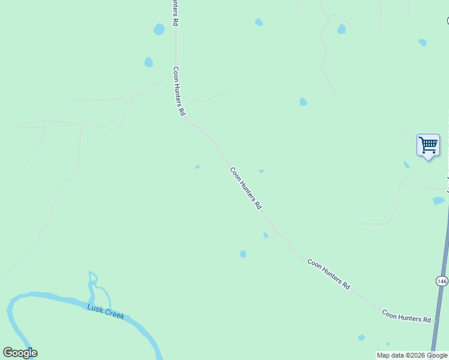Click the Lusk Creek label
[x=106, y=311]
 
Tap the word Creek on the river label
[x=113, y=313]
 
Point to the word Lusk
[x=95, y=308]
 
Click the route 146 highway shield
[x=442, y=281]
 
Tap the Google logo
[x=20, y=353]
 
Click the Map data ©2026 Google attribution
[x=412, y=355]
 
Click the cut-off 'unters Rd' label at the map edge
[x=175, y=12]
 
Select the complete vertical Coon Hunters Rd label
[x=178, y=91]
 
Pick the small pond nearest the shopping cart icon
[x=406, y=164]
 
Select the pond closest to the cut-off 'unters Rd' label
[x=159, y=29]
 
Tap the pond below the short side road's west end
[x=243, y=254]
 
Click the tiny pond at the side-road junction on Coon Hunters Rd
[x=265, y=235]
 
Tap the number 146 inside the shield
[x=442, y=281]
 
